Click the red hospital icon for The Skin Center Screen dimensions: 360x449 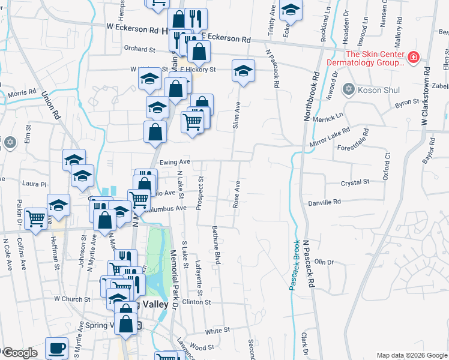(x=413, y=58)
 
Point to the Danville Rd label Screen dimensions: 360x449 (x=324, y=202)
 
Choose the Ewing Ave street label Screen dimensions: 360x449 (x=175, y=162)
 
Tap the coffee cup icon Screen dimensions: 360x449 (x=57, y=348)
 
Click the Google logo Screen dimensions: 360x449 (x=19, y=353)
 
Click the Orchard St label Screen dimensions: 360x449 (x=139, y=49)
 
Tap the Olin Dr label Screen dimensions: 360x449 (x=324, y=262)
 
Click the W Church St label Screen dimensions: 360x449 (x=71, y=298)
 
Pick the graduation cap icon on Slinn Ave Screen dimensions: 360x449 (x=243, y=71)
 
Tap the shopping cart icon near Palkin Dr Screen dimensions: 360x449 (x=36, y=218)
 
